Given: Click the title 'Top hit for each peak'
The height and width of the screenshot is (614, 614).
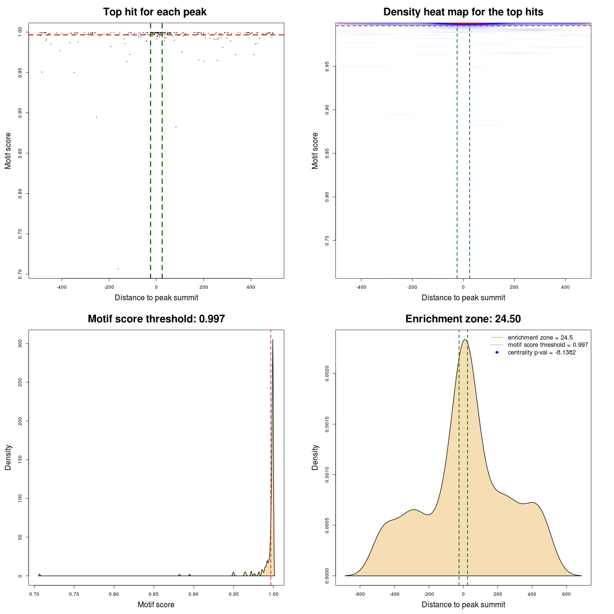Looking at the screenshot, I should (154, 12).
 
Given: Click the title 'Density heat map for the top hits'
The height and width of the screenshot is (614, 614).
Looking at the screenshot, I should (463, 12).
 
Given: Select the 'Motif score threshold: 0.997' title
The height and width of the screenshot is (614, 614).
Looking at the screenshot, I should (156, 319).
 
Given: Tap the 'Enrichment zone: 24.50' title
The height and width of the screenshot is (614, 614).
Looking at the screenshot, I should (463, 319).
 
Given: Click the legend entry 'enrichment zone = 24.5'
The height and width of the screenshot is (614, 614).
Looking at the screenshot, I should (540, 338).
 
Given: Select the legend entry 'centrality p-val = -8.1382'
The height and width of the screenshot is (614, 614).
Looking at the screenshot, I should (542, 353).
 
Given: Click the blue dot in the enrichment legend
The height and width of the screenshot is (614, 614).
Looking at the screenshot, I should (497, 353).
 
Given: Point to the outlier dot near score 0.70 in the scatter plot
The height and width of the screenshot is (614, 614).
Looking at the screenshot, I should (118, 269).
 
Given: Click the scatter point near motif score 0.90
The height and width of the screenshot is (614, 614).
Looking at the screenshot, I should (96, 117).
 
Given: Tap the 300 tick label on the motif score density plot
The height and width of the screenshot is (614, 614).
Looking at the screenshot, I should (20, 343).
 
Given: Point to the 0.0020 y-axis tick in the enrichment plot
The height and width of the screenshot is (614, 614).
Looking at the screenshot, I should (327, 373).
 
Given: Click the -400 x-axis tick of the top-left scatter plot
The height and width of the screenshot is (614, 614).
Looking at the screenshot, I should (61, 287).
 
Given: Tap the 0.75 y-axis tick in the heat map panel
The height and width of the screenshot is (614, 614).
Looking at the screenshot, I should (327, 240).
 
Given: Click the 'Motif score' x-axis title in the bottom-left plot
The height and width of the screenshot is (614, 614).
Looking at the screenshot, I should (156, 605).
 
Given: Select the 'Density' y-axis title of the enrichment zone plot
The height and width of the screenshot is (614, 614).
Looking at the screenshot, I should (315, 457).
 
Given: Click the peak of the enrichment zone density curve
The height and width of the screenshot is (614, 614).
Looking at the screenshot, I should (464, 340).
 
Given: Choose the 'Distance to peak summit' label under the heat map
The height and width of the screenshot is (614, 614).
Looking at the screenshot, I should (463, 298).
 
